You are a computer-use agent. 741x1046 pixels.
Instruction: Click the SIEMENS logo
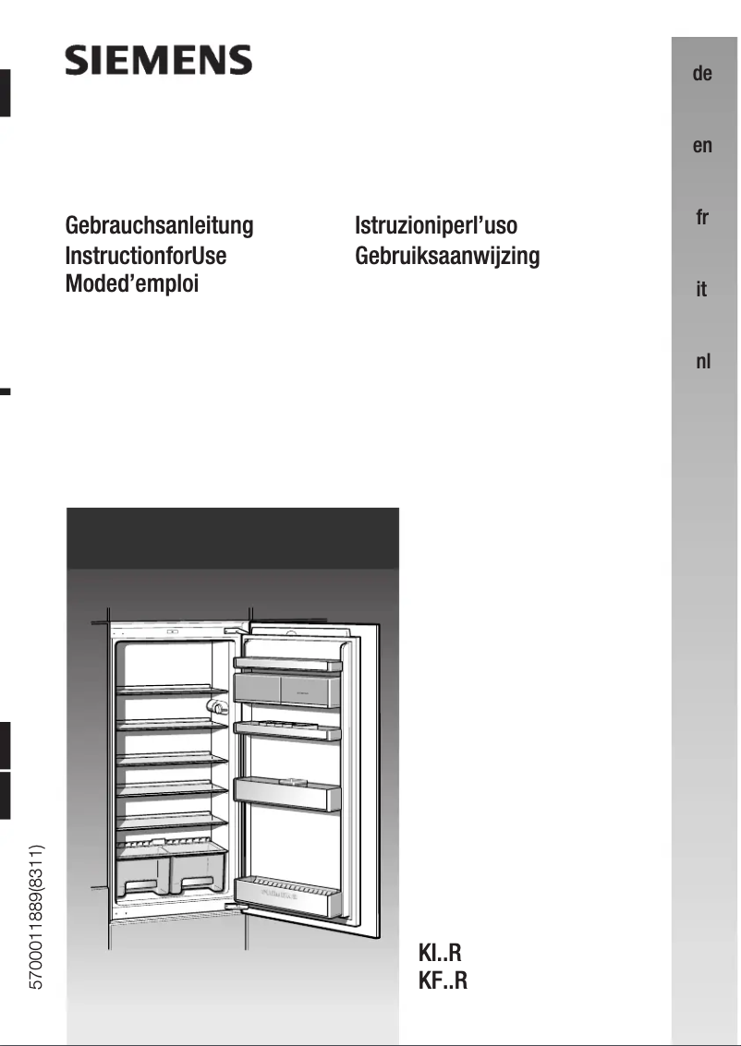point(158,61)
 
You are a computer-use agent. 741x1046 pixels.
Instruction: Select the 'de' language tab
point(702,74)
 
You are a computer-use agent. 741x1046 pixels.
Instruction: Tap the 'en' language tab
point(702,146)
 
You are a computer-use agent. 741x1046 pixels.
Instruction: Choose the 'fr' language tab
point(702,218)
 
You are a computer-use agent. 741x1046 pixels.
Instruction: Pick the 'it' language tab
point(702,290)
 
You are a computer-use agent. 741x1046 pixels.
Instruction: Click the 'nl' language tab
point(702,362)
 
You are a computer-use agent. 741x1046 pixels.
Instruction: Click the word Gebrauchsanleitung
point(159,226)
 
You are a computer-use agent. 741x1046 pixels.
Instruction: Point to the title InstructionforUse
point(146,255)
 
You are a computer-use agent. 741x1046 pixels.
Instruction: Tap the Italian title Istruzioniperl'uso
point(436,226)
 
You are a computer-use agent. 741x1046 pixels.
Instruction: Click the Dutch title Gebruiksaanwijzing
point(447,255)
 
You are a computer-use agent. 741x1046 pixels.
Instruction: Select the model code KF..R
point(443,980)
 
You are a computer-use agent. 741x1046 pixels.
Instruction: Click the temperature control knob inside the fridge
point(218,706)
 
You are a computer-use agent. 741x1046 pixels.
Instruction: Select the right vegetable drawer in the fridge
point(200,872)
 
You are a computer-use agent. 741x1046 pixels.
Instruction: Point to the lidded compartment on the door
point(288,689)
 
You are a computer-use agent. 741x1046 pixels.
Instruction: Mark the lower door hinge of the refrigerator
point(242,908)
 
